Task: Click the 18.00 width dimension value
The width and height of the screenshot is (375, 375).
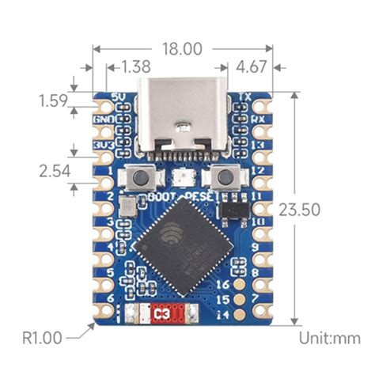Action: [x=182, y=48]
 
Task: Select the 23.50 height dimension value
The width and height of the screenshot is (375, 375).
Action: [x=327, y=210]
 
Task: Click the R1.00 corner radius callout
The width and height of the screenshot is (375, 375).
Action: [x=42, y=338]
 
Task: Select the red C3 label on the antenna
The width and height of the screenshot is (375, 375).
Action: [x=162, y=315]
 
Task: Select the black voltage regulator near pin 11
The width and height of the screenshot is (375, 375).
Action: [x=232, y=207]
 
